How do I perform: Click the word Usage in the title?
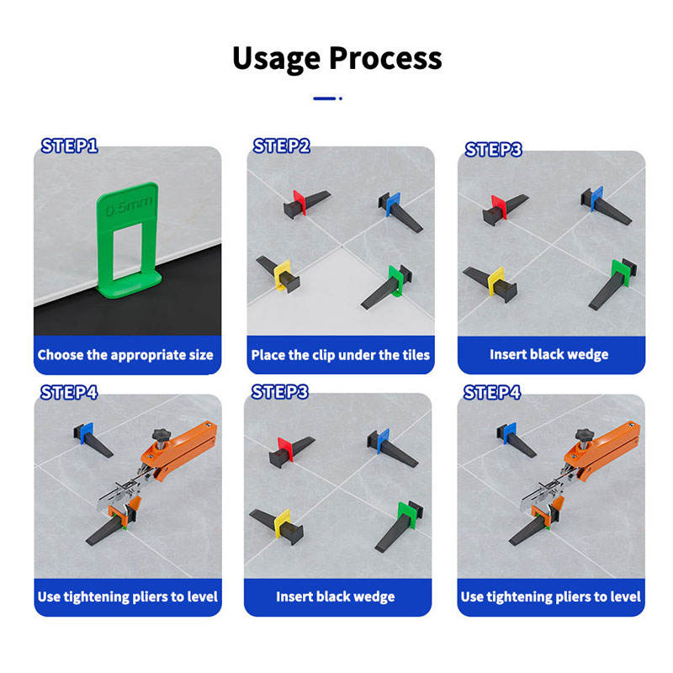[x=276, y=59]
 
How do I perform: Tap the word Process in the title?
[x=385, y=58]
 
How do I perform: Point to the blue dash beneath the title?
[x=325, y=98]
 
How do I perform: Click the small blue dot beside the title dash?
[x=341, y=98]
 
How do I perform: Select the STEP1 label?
[x=70, y=146]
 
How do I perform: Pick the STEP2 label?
[x=282, y=146]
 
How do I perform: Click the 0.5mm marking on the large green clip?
[x=129, y=206]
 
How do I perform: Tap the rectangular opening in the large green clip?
[x=127, y=251]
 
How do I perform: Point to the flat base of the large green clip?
[x=130, y=285]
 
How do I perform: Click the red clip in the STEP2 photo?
[x=299, y=202]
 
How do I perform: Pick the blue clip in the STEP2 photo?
[x=393, y=204]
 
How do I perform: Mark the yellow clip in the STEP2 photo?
[x=283, y=275]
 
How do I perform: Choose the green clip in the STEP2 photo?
[x=396, y=281]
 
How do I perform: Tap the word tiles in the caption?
[x=416, y=355]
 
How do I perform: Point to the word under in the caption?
[x=357, y=355]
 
